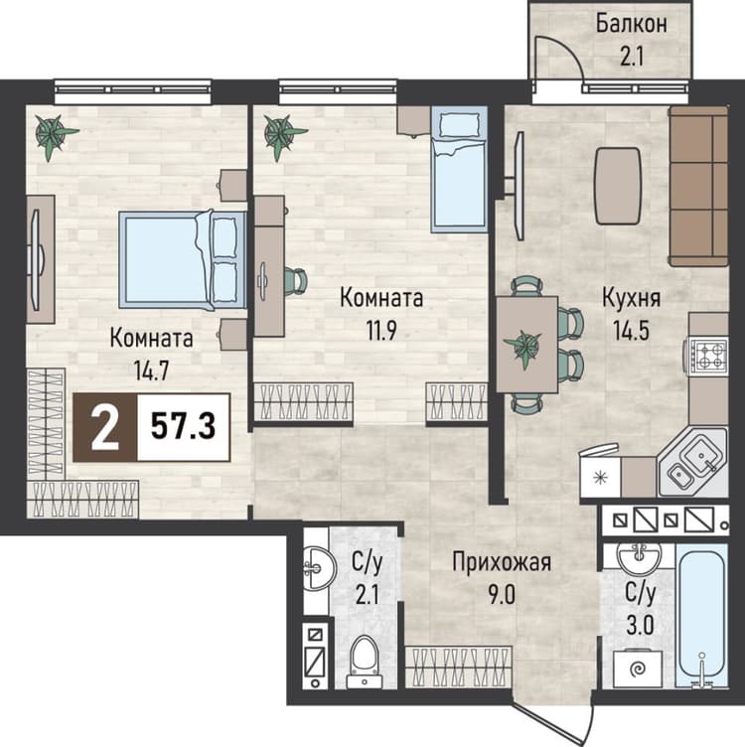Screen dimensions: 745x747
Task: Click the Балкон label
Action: pyautogui.click(x=631, y=24)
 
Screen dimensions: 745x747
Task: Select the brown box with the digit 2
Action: pyautogui.click(x=104, y=427)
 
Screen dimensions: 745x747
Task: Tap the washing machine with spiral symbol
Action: pyautogui.click(x=637, y=669)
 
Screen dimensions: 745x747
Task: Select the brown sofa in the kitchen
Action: pyautogui.click(x=699, y=186)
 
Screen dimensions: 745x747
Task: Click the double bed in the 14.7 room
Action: pyautogui.click(x=182, y=259)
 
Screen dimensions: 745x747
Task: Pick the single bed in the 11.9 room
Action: pyautogui.click(x=459, y=169)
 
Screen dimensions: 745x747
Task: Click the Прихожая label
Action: pyautogui.click(x=501, y=562)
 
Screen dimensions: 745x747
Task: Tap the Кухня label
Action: pyautogui.click(x=631, y=298)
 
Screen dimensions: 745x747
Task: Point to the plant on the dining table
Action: pyautogui.click(x=523, y=347)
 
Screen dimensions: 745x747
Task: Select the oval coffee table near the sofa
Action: pyautogui.click(x=618, y=186)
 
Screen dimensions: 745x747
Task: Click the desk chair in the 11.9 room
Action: pyautogui.click(x=296, y=281)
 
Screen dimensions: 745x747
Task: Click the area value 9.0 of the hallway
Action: pyautogui.click(x=502, y=595)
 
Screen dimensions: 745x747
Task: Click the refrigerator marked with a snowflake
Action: pyautogui.click(x=600, y=477)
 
